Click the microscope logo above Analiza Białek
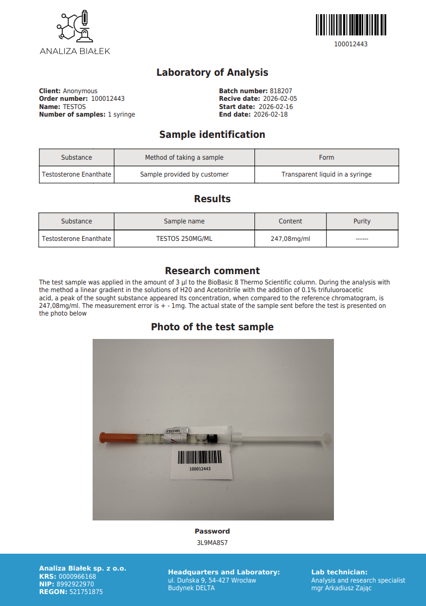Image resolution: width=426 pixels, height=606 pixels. [x=75, y=27]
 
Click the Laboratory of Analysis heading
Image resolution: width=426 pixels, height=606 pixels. [x=212, y=72]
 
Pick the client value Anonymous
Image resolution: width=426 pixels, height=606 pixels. [x=80, y=91]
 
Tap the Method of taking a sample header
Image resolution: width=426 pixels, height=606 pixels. [x=184, y=157]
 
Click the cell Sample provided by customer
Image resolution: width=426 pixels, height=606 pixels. [x=184, y=174]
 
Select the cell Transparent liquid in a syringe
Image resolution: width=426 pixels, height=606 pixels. [x=326, y=174]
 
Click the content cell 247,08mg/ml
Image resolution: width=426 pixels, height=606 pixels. [x=290, y=239]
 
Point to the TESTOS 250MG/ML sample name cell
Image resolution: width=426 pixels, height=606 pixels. [x=184, y=239]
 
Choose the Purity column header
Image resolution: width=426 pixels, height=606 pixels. [x=362, y=221]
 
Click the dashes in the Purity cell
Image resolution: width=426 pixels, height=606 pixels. [x=362, y=239]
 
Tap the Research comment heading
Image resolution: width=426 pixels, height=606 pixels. [x=212, y=271]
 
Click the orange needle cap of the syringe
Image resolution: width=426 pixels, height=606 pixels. [x=110, y=438]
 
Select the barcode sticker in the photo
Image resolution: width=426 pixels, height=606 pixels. [x=200, y=461]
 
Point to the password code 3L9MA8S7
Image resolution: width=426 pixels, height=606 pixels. [x=212, y=543]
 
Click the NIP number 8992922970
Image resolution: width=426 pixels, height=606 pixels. [x=75, y=584]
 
